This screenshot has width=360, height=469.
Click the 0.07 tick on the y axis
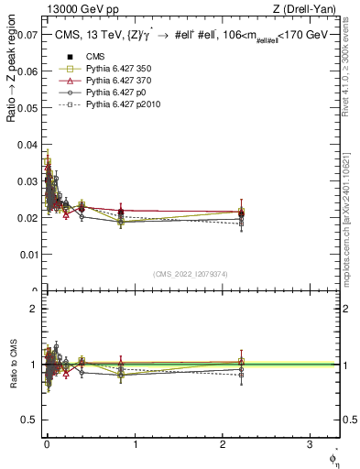tap(27, 36)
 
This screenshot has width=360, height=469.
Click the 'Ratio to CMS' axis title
tap(12, 365)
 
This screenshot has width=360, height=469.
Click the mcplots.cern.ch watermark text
tap(352, 211)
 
